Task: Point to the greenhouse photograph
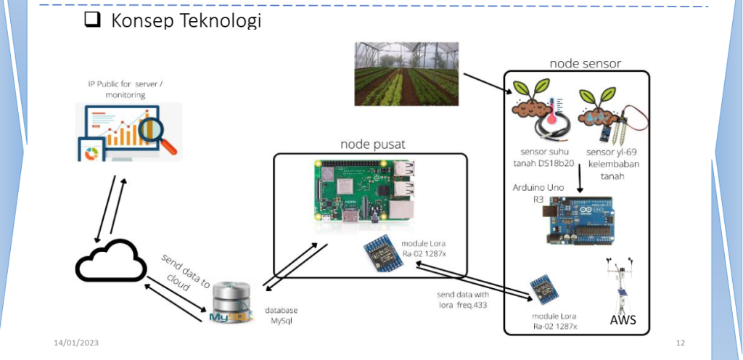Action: pos(406,73)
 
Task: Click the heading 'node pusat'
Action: pos(372,144)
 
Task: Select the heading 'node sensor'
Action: pos(585,63)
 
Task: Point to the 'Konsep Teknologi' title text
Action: pos(185,21)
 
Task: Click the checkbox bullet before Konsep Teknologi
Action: pos(91,21)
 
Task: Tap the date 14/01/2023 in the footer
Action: pos(75,342)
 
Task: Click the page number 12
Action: pos(680,342)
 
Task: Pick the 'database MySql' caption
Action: pos(281,315)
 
